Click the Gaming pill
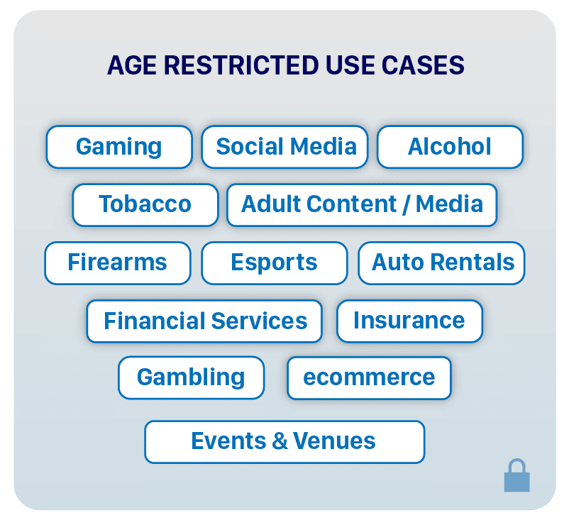[119, 147]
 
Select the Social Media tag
[285, 147]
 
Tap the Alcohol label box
[450, 147]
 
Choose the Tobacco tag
[145, 204]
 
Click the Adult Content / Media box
[362, 204]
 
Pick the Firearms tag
[118, 262]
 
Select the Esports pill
[275, 262]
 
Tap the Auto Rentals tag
[442, 262]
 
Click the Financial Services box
[204, 321]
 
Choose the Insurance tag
[409, 321]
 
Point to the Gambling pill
[191, 377]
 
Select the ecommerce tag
[369, 377]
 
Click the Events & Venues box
[284, 441]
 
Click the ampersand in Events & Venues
[280, 441]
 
